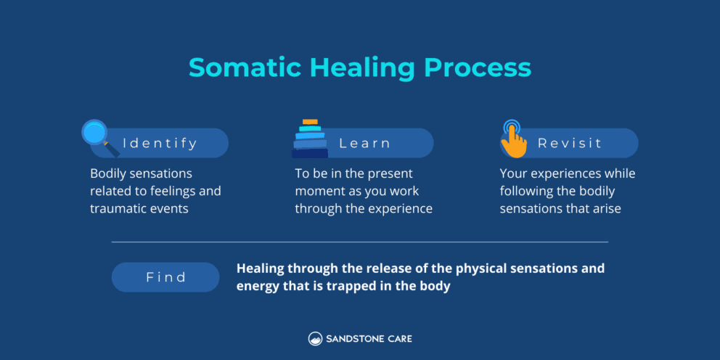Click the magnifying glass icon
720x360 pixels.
click(97, 136)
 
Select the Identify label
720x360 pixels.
click(160, 143)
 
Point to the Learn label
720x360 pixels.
click(365, 143)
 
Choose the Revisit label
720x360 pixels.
click(570, 143)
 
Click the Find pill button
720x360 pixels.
click(165, 277)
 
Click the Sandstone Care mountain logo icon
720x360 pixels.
click(315, 338)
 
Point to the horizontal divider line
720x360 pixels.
click(360, 242)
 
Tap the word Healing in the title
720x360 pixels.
click(362, 67)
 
